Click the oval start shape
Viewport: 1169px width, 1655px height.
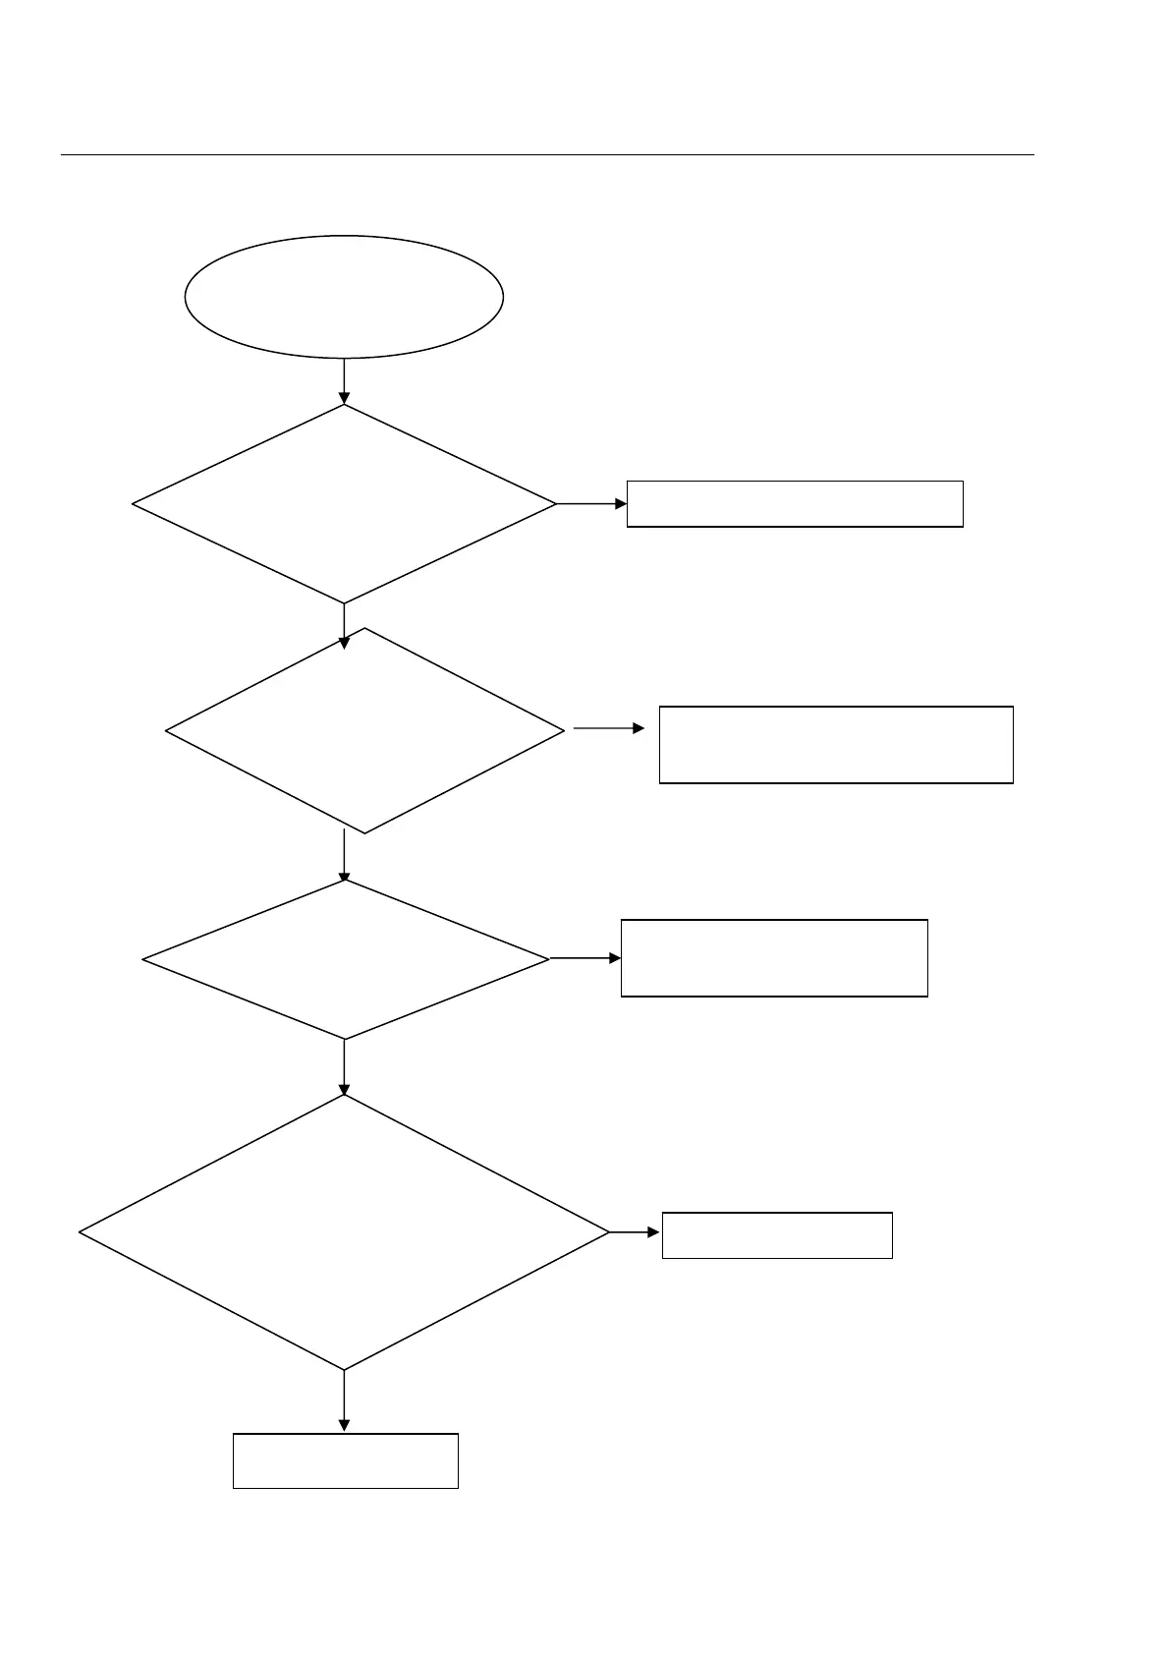(x=344, y=296)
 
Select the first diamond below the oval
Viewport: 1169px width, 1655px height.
(x=344, y=504)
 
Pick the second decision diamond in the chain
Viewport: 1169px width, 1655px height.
(x=364, y=730)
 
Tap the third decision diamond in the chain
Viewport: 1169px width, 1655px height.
(x=345, y=959)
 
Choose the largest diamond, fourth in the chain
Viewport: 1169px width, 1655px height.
(x=344, y=1232)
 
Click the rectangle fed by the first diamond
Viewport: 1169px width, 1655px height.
(x=795, y=504)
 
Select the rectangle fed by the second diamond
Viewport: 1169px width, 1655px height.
(x=836, y=744)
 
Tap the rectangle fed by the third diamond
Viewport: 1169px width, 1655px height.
(x=774, y=958)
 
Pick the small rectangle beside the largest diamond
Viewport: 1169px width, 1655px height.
(x=777, y=1235)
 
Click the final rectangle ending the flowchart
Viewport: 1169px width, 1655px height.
(x=345, y=1460)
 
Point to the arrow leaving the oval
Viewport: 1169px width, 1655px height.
(x=344, y=380)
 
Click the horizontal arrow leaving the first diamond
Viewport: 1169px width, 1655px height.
(x=591, y=504)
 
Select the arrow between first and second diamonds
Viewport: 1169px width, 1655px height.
(x=344, y=625)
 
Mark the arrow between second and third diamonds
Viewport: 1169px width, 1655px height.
(x=344, y=855)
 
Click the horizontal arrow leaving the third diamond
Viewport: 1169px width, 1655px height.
(x=584, y=958)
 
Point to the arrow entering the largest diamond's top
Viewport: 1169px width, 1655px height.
(x=344, y=1067)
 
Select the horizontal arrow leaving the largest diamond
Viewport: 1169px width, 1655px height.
(x=635, y=1232)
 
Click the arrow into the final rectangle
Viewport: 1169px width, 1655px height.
(x=344, y=1400)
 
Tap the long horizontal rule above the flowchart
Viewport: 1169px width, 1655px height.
(x=547, y=154)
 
